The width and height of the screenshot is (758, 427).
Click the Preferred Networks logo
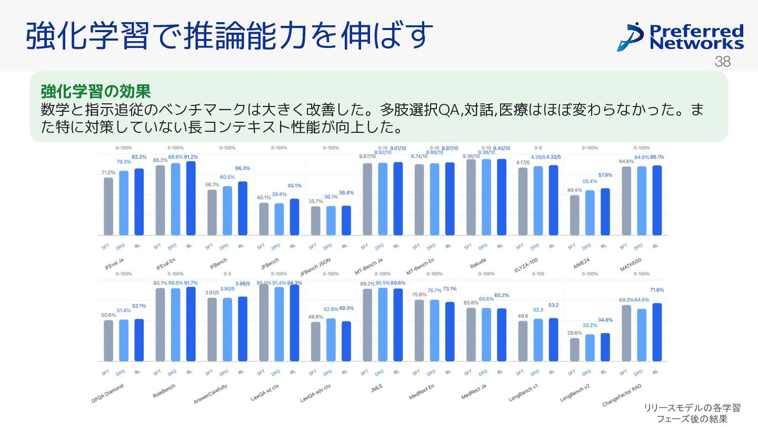coord(680,37)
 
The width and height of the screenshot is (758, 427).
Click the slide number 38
coord(723,62)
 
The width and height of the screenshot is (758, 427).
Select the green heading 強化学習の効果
coord(96,92)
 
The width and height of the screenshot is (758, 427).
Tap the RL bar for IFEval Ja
coord(139,202)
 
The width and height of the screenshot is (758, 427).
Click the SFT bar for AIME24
coord(574,215)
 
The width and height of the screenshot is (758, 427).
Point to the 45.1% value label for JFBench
coord(294,186)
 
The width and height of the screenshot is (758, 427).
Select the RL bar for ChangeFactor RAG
coord(656,332)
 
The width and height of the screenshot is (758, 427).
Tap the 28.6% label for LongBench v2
coord(574,333)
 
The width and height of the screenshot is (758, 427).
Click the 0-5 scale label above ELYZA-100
coord(538,148)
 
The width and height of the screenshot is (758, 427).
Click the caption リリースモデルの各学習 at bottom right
coord(692,407)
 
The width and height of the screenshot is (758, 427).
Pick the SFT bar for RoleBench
coord(159,324)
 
